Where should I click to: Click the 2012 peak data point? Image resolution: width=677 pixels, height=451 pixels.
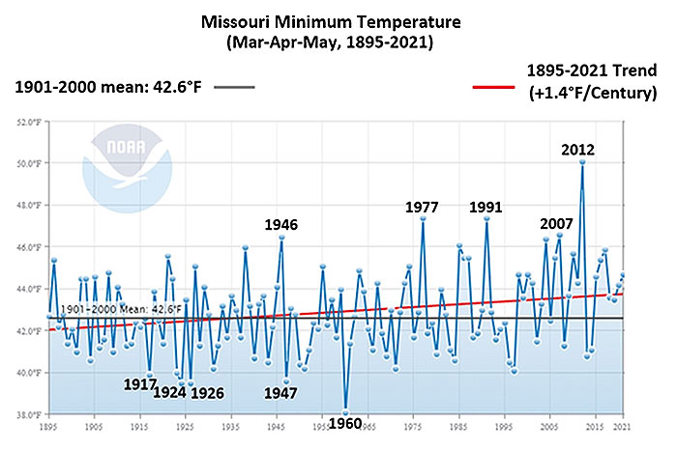tap(582, 162)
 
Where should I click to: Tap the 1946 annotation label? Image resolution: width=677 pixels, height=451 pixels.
tap(281, 224)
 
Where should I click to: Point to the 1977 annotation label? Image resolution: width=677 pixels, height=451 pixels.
tap(423, 206)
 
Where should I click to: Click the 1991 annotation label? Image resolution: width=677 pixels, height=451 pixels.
tap(486, 206)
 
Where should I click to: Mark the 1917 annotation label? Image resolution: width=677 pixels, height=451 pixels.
tap(141, 382)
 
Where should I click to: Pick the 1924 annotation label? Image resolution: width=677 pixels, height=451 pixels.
tap(171, 392)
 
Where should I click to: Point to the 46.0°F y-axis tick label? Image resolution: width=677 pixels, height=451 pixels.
tap(29, 247)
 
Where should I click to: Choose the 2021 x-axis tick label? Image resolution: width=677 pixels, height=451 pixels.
tap(624, 425)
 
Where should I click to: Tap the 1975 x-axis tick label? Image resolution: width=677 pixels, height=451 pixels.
tap(413, 425)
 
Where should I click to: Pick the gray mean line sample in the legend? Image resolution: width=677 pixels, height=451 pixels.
tap(236, 86)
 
